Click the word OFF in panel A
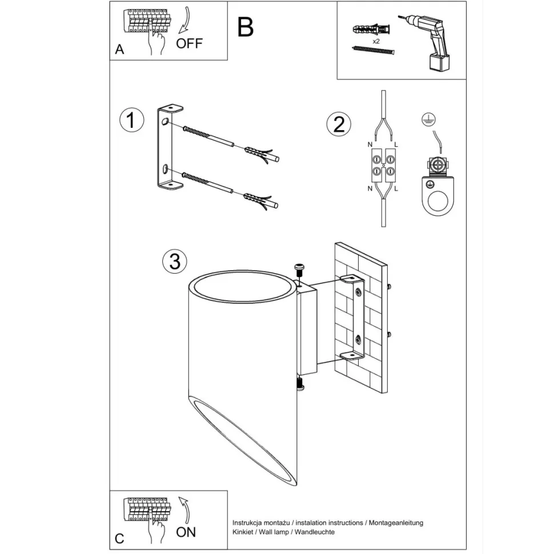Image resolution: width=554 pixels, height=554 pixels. [189, 43]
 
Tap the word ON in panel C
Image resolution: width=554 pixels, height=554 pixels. [186, 532]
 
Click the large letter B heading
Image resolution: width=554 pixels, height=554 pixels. [245, 27]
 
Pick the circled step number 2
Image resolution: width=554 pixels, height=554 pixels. [338, 124]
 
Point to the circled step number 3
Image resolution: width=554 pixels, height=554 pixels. [175, 261]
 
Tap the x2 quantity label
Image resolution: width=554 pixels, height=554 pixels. [376, 42]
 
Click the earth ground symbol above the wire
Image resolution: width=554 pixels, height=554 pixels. [425, 119]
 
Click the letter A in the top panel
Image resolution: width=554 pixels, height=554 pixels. [119, 50]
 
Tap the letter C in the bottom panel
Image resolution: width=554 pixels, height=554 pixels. [119, 539]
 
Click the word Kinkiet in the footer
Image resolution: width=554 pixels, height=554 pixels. [244, 532]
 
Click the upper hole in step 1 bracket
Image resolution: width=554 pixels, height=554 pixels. [165, 122]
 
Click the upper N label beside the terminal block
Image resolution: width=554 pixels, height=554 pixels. [370, 144]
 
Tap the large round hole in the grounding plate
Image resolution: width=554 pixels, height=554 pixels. [437, 201]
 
